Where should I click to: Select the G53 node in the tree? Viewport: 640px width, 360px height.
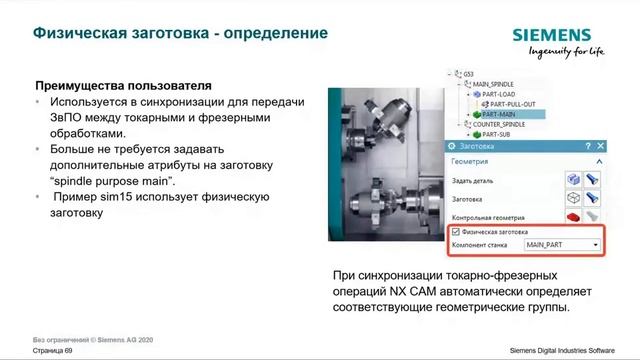(468, 73)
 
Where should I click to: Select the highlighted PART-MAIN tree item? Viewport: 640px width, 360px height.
(506, 114)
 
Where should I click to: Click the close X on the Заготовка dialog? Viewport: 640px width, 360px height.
(600, 145)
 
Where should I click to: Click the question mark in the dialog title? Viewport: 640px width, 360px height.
(589, 145)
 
